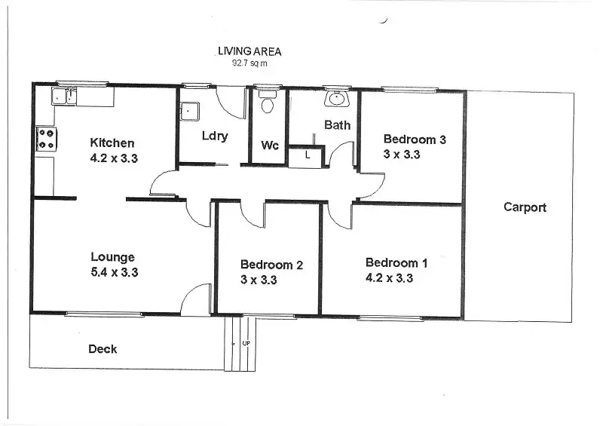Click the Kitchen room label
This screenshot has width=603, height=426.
[x=112, y=143]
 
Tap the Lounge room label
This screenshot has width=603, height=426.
[x=112, y=256]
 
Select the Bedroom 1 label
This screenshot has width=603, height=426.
[x=396, y=262]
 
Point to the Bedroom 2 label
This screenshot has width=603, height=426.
[x=271, y=265]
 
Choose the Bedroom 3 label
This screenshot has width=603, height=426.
[x=415, y=139]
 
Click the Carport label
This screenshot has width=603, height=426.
[x=525, y=207]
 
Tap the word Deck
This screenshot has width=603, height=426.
[x=103, y=348]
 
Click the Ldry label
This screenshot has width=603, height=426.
[x=215, y=136]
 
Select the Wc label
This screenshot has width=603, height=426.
[x=270, y=145]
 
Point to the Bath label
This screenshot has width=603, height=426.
[x=337, y=124]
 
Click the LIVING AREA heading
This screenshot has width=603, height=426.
[x=249, y=51]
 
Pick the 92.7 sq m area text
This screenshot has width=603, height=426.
[x=249, y=64]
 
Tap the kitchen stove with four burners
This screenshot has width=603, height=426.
[x=46, y=139]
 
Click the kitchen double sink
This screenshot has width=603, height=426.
[x=64, y=96]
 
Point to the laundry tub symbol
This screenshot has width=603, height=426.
[x=188, y=111]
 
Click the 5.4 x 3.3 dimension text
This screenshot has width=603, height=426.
[x=113, y=272]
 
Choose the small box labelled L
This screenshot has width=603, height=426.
[x=308, y=155]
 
